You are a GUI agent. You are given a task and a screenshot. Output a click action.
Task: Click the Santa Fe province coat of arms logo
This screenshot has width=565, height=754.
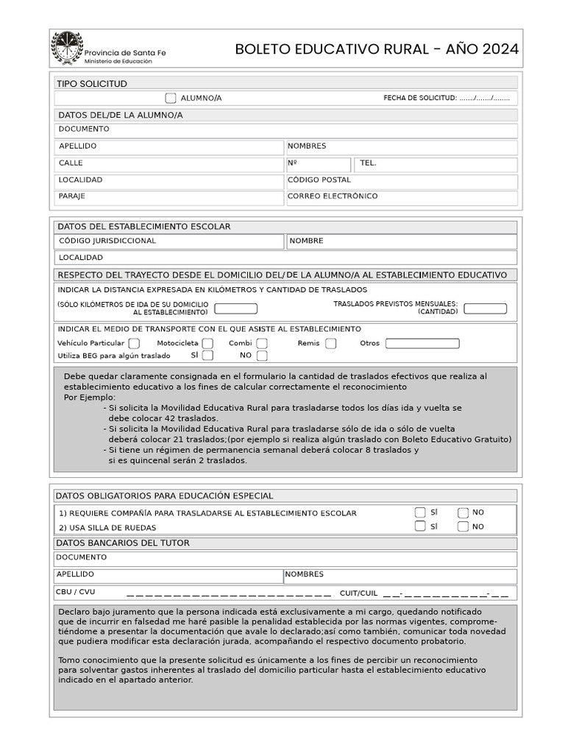66,48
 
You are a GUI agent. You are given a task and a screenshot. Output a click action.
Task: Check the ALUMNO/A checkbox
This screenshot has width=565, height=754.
171,98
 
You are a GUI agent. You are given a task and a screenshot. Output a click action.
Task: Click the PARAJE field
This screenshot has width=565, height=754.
169,197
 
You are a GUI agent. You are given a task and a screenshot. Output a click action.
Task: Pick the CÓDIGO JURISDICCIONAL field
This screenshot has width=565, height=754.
169,241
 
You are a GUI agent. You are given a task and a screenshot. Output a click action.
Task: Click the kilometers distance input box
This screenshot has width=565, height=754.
235,309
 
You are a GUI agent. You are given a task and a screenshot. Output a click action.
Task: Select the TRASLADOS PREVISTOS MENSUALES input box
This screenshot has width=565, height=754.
486,309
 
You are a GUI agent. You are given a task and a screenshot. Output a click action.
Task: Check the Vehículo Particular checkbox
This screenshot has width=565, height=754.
134,343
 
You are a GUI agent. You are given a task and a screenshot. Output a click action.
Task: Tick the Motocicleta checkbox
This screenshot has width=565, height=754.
208,343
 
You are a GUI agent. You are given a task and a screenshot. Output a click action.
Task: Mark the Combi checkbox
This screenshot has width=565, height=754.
262,343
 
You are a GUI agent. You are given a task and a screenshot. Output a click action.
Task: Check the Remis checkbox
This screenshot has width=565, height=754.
331,343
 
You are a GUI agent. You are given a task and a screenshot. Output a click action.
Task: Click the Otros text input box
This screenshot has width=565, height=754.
422,344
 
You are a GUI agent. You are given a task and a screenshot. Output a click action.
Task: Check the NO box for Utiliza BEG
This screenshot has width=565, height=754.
262,356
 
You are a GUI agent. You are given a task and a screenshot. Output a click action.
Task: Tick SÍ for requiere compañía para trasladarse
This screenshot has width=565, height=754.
420,512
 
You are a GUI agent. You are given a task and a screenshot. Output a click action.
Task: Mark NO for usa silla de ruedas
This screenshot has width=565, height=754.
463,526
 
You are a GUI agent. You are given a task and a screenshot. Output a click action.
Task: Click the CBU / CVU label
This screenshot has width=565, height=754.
75,592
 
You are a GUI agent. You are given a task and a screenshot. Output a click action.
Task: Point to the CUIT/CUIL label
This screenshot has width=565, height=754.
358,593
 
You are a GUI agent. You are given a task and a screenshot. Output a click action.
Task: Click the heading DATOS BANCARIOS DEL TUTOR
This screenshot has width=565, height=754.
123,543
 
